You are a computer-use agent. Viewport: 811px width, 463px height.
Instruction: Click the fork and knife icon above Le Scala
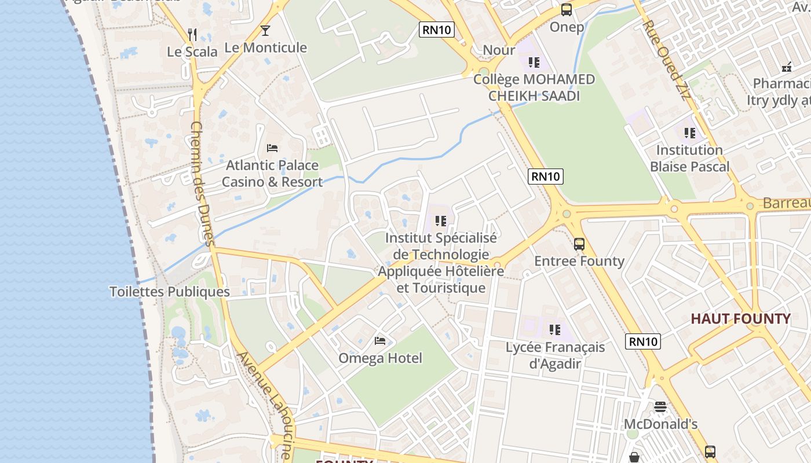click(x=193, y=35)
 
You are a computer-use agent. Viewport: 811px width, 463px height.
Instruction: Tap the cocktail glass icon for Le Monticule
click(x=265, y=31)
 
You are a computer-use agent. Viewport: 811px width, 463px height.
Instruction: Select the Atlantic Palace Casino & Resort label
click(x=272, y=174)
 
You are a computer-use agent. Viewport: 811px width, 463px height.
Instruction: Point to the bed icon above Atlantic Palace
click(x=272, y=148)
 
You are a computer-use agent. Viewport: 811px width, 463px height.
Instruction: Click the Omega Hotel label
click(x=380, y=358)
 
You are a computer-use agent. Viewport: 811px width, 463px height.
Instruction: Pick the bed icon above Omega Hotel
click(x=380, y=340)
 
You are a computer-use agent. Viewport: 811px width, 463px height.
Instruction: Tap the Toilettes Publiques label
click(x=170, y=292)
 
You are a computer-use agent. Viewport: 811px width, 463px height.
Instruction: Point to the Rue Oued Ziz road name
click(x=668, y=60)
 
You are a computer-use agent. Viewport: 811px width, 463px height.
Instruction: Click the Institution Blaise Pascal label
click(x=689, y=159)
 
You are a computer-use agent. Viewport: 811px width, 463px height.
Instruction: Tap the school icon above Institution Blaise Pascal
click(x=689, y=133)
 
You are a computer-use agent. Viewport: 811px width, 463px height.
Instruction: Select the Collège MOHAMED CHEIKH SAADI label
click(x=534, y=87)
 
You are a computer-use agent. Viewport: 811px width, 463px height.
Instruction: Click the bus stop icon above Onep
click(x=566, y=10)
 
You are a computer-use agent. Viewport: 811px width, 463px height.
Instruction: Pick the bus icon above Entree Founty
click(x=579, y=244)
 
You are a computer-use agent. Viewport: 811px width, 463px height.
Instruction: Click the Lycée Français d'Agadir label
click(x=555, y=355)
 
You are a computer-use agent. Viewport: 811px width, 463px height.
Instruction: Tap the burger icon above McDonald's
click(x=660, y=406)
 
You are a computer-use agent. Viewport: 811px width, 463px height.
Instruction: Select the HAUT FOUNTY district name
click(x=740, y=319)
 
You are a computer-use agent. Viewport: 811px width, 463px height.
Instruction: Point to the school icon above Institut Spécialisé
click(x=441, y=221)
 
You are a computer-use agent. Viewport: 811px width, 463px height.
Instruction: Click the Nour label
click(x=499, y=50)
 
